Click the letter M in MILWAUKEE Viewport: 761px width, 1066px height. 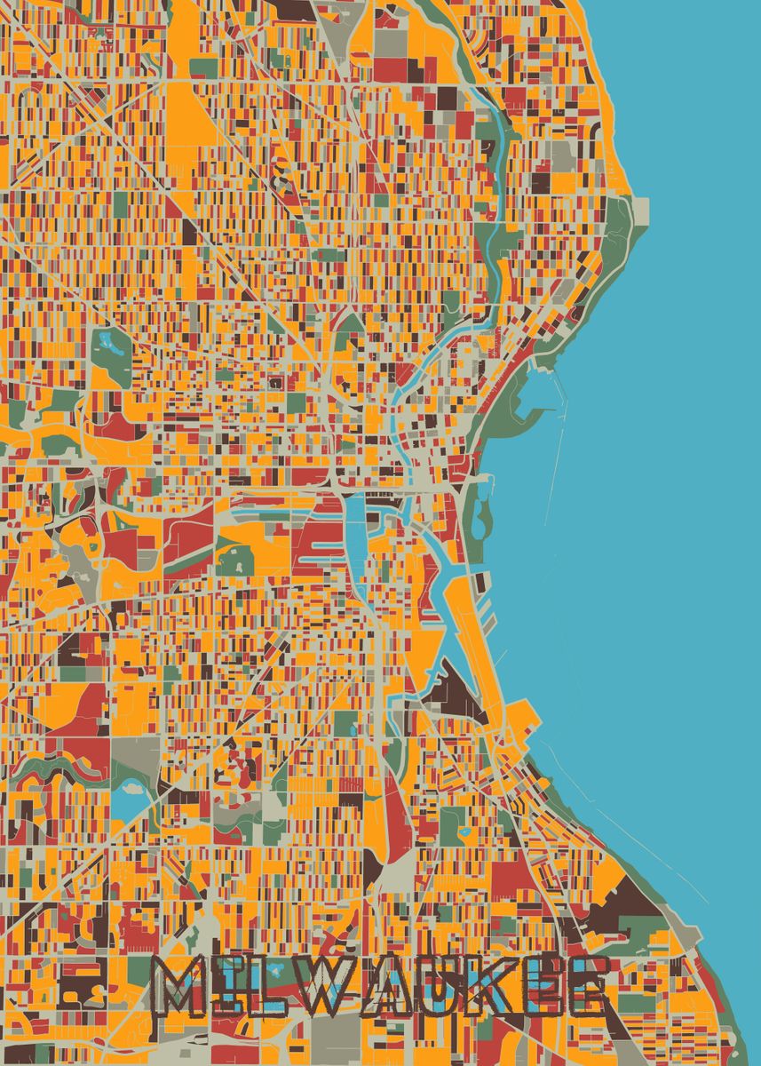[x=183, y=986]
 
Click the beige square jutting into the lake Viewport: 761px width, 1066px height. [x=638, y=211]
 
